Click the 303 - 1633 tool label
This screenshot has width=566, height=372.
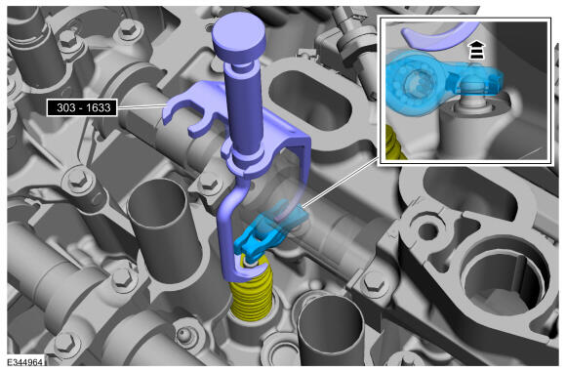(x=82, y=107)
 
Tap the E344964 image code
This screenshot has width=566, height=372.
(x=25, y=362)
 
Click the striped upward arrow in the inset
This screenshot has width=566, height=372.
(x=477, y=50)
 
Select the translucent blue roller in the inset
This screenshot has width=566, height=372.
(x=418, y=84)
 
